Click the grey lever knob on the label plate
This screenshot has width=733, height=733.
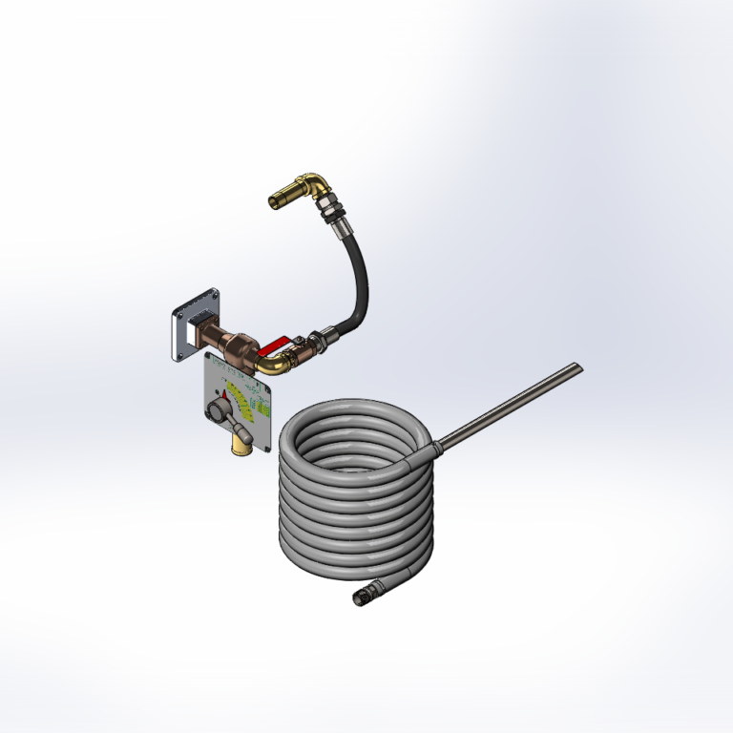pyautogui.click(x=218, y=413)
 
